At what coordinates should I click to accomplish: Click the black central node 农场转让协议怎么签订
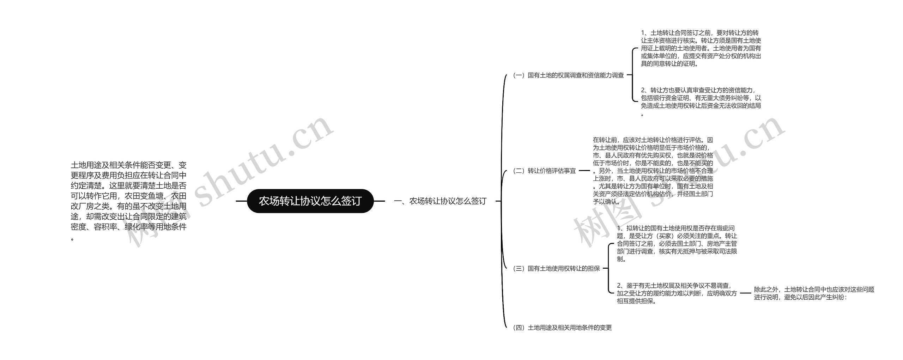[x=310, y=201]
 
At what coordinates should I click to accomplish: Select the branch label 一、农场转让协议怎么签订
[x=440, y=201]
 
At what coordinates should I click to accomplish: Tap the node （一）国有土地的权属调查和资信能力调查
[x=568, y=75]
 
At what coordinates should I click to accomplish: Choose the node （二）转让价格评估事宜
[x=544, y=171]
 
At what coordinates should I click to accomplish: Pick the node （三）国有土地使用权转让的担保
[x=556, y=268]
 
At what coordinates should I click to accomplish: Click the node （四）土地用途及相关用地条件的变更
[x=562, y=328]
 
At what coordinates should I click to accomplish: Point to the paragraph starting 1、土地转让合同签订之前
[x=701, y=48]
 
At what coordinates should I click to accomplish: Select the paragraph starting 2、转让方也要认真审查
[x=701, y=98]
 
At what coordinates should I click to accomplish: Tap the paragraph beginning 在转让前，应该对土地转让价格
[x=653, y=171]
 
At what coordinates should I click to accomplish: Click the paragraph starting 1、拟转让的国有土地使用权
[x=677, y=244]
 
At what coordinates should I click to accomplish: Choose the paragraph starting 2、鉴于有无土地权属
[x=677, y=293]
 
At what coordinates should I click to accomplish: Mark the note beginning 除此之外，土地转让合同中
[x=814, y=293]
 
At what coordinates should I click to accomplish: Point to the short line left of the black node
[x=241, y=201]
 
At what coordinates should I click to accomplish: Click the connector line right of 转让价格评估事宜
[x=584, y=171]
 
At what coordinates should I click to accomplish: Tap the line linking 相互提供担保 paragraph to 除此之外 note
[x=745, y=293]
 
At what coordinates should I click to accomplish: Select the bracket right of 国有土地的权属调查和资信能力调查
[x=633, y=75]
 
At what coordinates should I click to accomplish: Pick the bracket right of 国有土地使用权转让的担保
[x=609, y=268]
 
